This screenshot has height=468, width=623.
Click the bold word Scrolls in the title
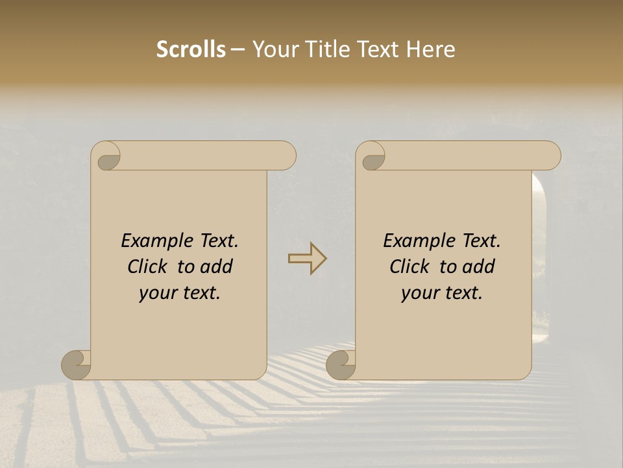point(191,49)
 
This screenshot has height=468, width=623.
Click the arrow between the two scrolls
point(307,258)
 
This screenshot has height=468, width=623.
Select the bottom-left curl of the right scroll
point(341,365)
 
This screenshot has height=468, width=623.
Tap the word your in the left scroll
point(158,293)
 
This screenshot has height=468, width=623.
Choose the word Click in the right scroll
point(409,267)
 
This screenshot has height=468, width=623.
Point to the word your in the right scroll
point(420,293)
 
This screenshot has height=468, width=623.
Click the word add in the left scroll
point(216,267)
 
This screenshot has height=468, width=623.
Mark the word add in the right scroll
point(478,267)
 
